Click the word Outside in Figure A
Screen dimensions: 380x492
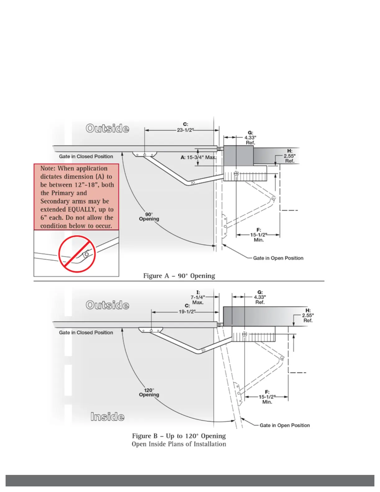point(107,128)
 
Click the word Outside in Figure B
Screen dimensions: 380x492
point(107,305)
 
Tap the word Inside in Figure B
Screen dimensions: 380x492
point(107,417)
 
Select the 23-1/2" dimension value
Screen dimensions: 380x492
point(185,130)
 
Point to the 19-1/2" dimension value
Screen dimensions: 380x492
point(187,312)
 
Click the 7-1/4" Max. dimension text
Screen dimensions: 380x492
point(198,300)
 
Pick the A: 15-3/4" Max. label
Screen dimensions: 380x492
point(198,157)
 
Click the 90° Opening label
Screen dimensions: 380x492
point(149,216)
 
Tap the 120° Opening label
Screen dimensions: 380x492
point(149,392)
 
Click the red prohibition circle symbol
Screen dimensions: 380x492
point(77,254)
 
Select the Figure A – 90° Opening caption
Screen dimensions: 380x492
point(179,276)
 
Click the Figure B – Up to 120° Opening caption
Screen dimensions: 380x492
point(179,436)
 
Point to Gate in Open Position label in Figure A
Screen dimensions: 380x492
point(278,258)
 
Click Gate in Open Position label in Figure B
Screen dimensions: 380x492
point(285,425)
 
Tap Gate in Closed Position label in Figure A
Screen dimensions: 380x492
point(86,156)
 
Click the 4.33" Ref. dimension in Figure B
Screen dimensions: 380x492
point(260,299)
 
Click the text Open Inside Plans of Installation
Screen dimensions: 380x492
point(179,444)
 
